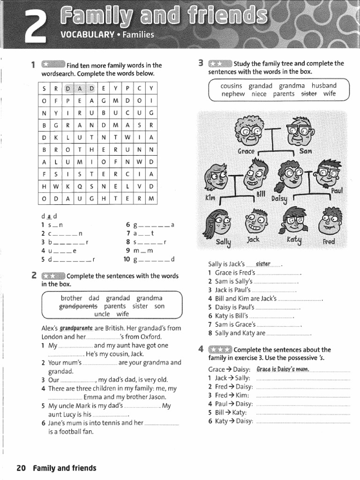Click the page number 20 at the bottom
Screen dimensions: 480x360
[21, 468]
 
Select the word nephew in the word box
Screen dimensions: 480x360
[233, 94]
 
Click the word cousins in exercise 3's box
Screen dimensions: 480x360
[231, 86]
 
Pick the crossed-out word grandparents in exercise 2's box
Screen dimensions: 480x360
[77, 306]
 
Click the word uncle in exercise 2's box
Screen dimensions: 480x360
[102, 314]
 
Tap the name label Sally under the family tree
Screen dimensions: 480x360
[224, 241]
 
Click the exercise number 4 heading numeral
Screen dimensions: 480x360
[201, 349]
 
